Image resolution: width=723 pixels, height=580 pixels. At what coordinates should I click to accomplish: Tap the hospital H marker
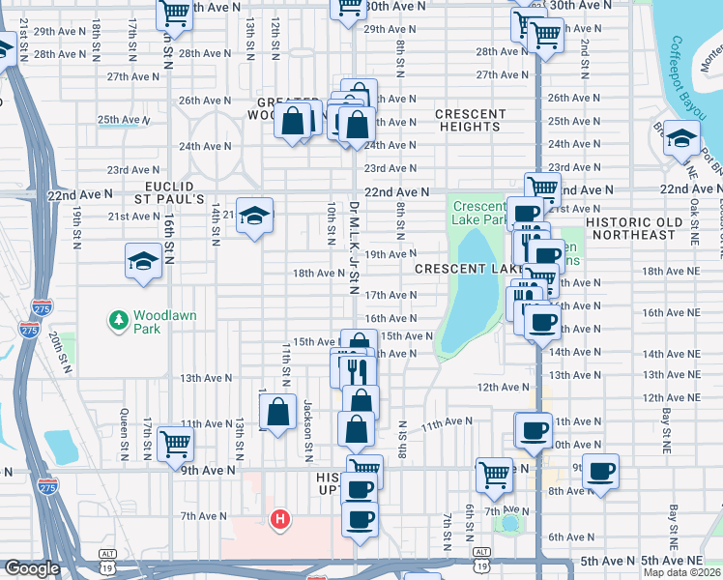click(x=280, y=520)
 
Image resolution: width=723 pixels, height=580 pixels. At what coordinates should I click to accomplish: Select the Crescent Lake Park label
click(x=478, y=213)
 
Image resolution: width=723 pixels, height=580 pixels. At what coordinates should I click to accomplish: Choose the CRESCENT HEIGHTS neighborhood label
click(x=471, y=120)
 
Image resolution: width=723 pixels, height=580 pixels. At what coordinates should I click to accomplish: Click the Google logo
click(x=32, y=568)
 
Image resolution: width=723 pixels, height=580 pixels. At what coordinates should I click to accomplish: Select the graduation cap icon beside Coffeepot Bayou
click(x=681, y=139)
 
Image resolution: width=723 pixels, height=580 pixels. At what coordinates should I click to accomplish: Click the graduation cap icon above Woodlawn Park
click(x=143, y=261)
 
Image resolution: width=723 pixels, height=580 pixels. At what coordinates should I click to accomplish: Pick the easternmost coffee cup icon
click(x=600, y=471)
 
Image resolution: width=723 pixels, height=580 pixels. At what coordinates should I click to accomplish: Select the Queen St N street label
click(x=124, y=434)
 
